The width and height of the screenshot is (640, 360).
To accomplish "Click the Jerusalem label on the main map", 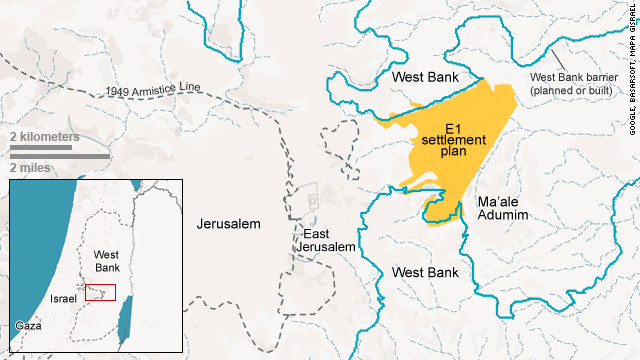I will pyautogui.click(x=229, y=224).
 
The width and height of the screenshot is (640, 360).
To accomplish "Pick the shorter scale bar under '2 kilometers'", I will pyautogui.click(x=41, y=148).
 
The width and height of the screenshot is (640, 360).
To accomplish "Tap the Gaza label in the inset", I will pyautogui.click(x=29, y=326).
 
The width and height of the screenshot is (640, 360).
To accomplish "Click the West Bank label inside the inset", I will pyautogui.click(x=107, y=262).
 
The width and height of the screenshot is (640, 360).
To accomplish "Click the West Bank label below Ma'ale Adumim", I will pyautogui.click(x=425, y=272).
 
